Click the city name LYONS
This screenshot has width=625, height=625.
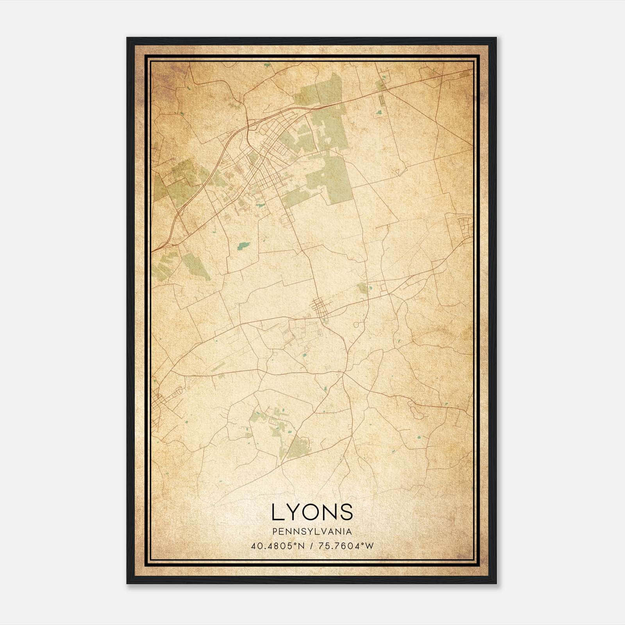pyautogui.click(x=312, y=512)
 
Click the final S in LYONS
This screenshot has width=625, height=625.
pyautogui.click(x=347, y=512)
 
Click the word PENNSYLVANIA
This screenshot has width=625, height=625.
pyautogui.click(x=312, y=532)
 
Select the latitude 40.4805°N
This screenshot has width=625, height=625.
pyautogui.click(x=278, y=546)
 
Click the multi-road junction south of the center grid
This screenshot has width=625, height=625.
pyautogui.click(x=343, y=373)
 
